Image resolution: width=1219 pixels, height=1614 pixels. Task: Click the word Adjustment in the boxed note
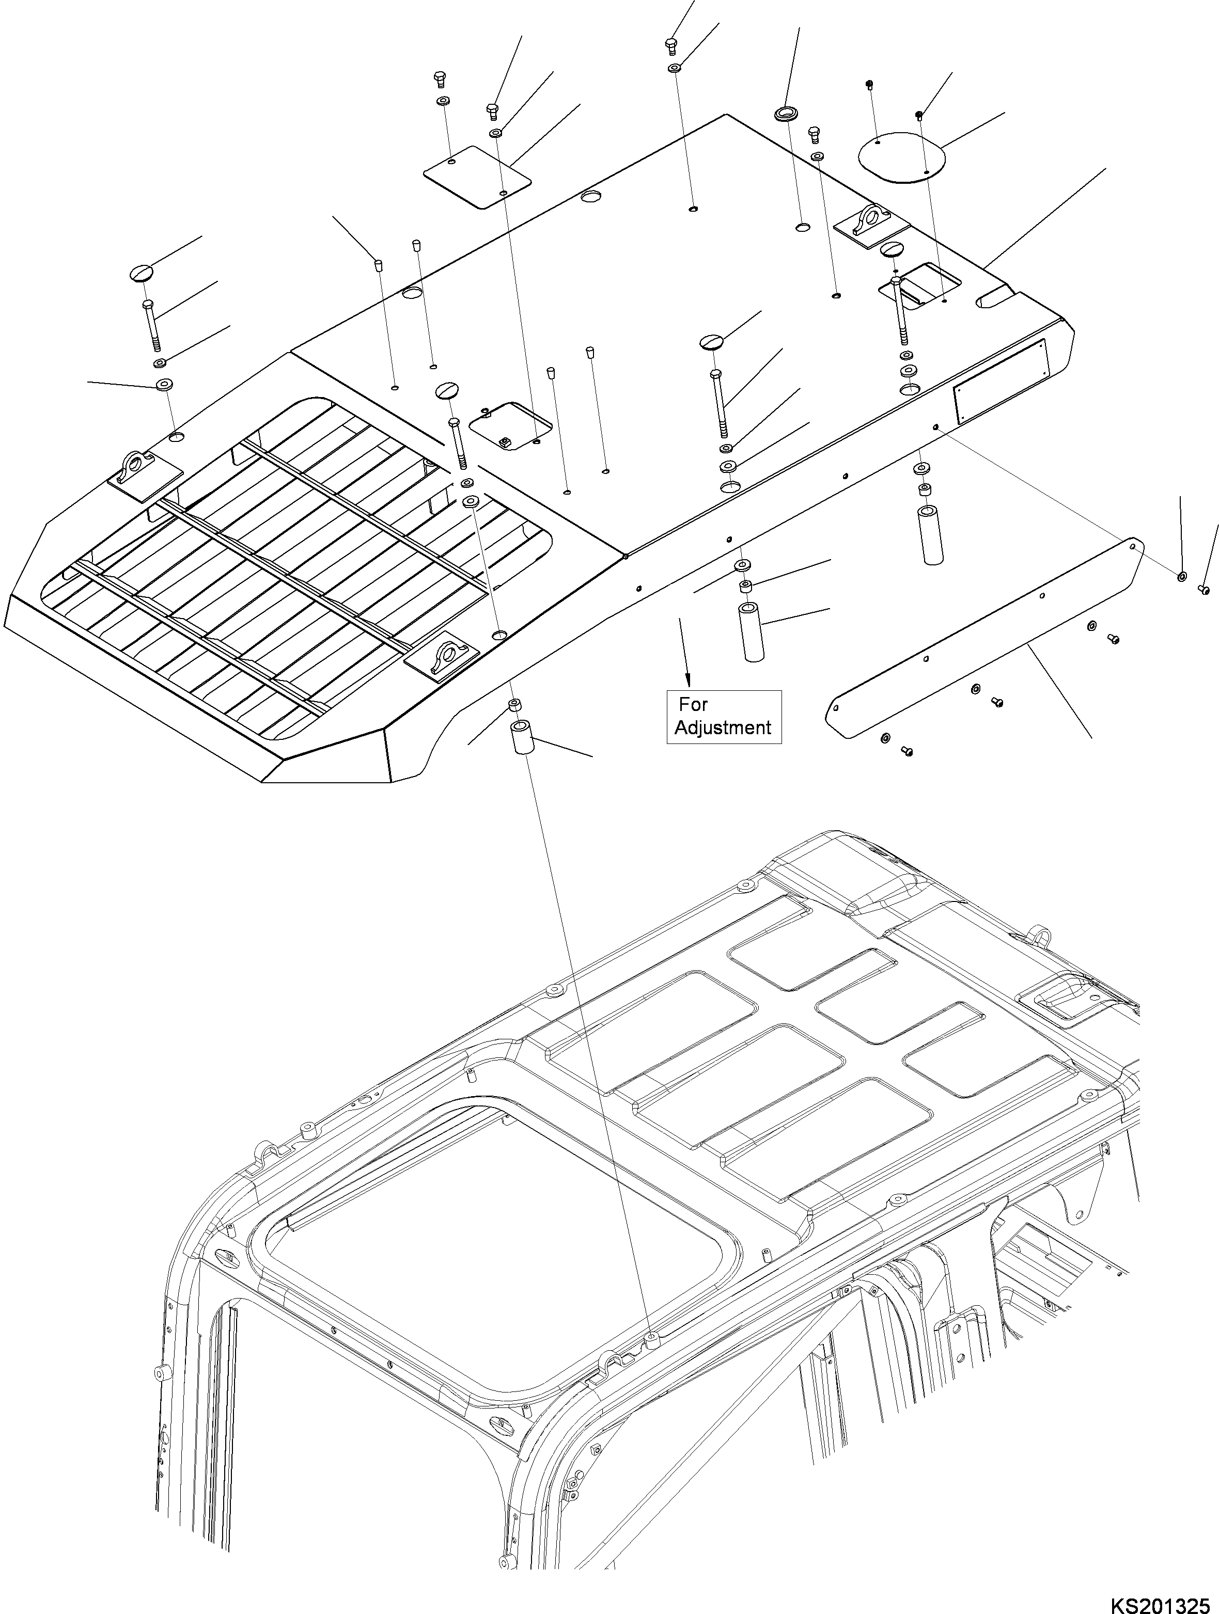723,727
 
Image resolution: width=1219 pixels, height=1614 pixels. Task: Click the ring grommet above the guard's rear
785,115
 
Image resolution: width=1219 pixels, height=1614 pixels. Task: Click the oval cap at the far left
143,272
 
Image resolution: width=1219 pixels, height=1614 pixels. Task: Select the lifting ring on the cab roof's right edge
1039,934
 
